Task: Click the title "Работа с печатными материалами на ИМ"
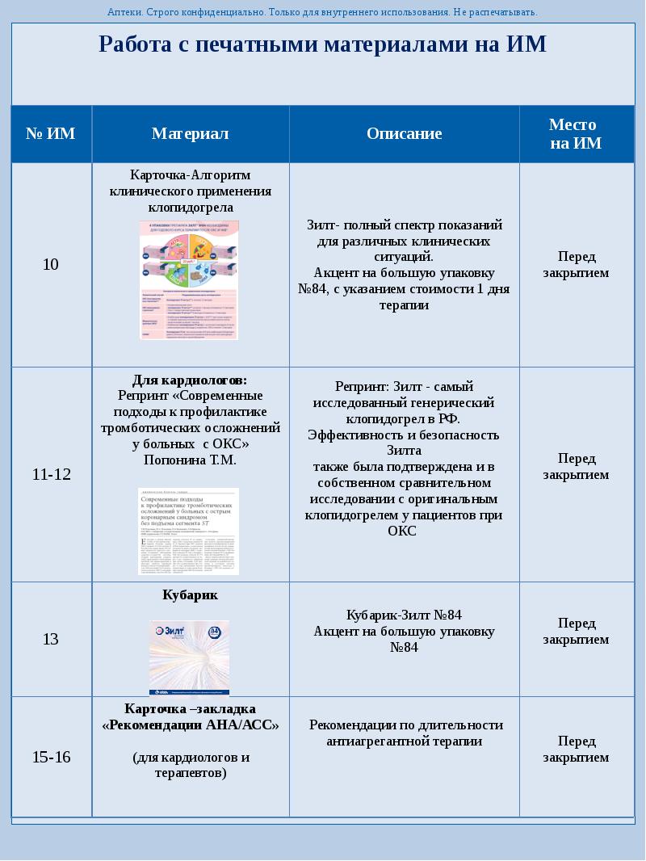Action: tap(322, 44)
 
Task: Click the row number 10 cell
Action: tap(50, 265)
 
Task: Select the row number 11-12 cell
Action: tap(51, 475)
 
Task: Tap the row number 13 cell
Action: tap(50, 640)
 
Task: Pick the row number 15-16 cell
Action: tap(51, 758)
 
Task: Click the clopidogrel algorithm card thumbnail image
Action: tap(190, 280)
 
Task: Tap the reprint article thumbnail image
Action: tap(189, 531)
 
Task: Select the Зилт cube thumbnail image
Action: tap(189, 657)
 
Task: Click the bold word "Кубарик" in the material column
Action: tap(191, 595)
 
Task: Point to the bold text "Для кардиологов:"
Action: tap(190, 380)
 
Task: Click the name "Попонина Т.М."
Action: tap(190, 460)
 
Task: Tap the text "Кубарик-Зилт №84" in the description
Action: tap(404, 615)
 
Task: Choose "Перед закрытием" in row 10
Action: tap(576, 265)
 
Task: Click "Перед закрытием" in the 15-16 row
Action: tap(576, 750)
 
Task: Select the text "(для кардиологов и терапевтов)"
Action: tap(191, 765)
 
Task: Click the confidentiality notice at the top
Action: tap(322, 12)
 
